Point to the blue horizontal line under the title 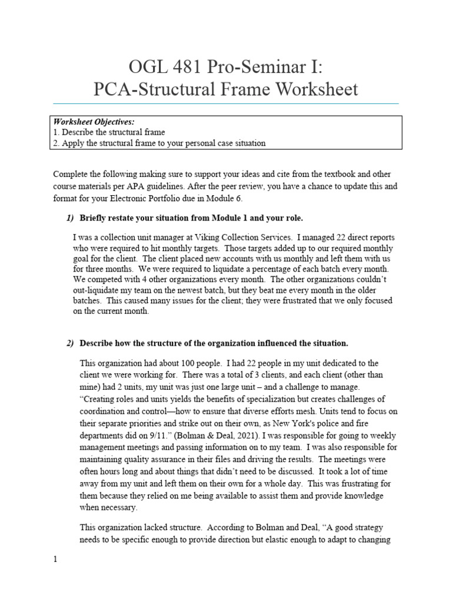pos(225,103)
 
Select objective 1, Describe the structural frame pos(109,132)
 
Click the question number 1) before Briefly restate pos(70,218)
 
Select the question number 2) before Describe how pos(70,343)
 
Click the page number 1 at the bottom pos(55,560)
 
